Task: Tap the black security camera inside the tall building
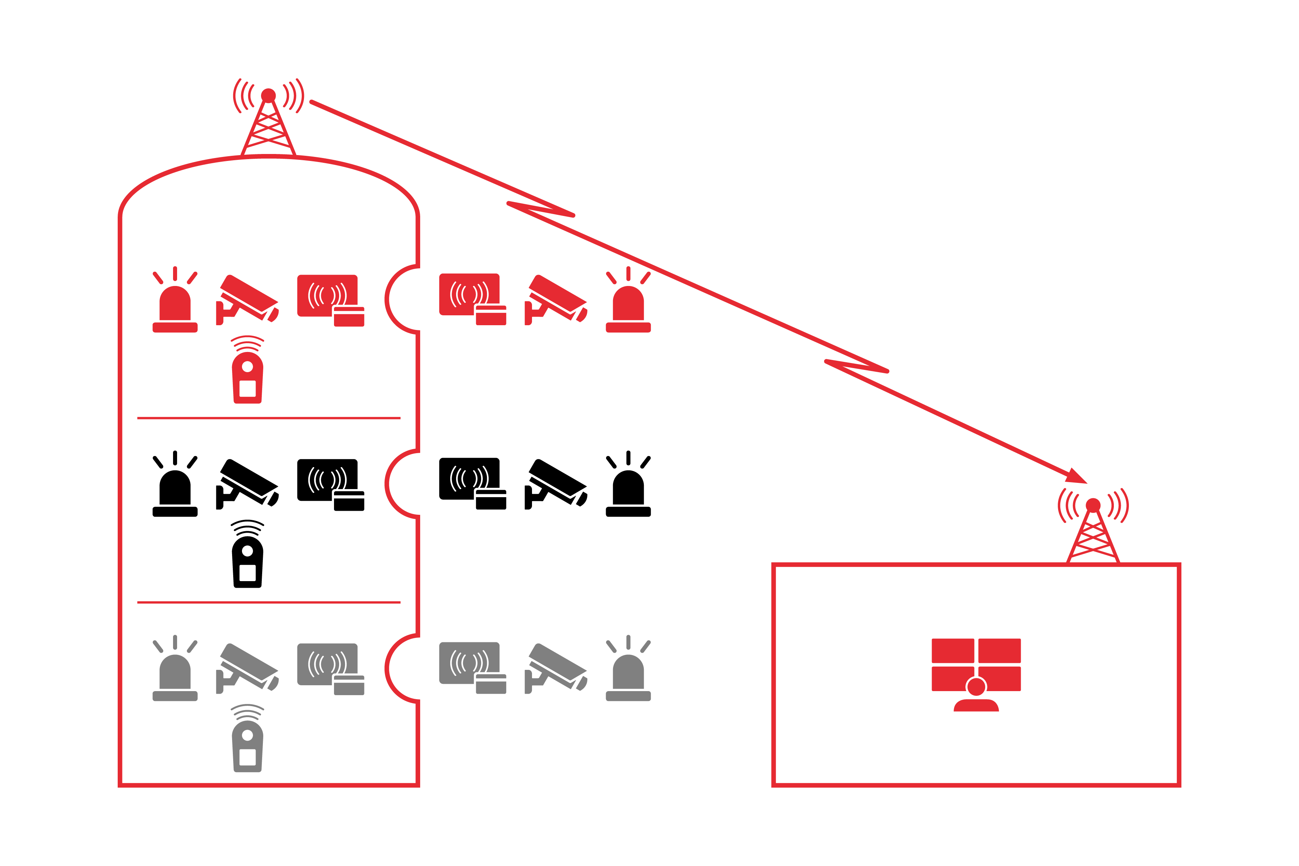tap(246, 483)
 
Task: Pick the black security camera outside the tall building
tap(555, 483)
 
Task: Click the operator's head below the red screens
tap(976, 687)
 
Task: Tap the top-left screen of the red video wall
tap(953, 651)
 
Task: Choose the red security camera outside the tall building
tap(555, 299)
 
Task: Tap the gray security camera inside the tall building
tap(246, 667)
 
